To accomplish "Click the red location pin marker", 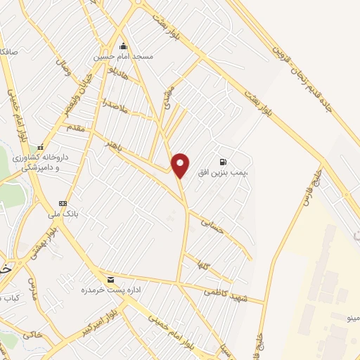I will click(x=181, y=165).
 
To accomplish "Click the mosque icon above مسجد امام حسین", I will click(x=124, y=45).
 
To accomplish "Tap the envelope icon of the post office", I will click(x=110, y=280).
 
